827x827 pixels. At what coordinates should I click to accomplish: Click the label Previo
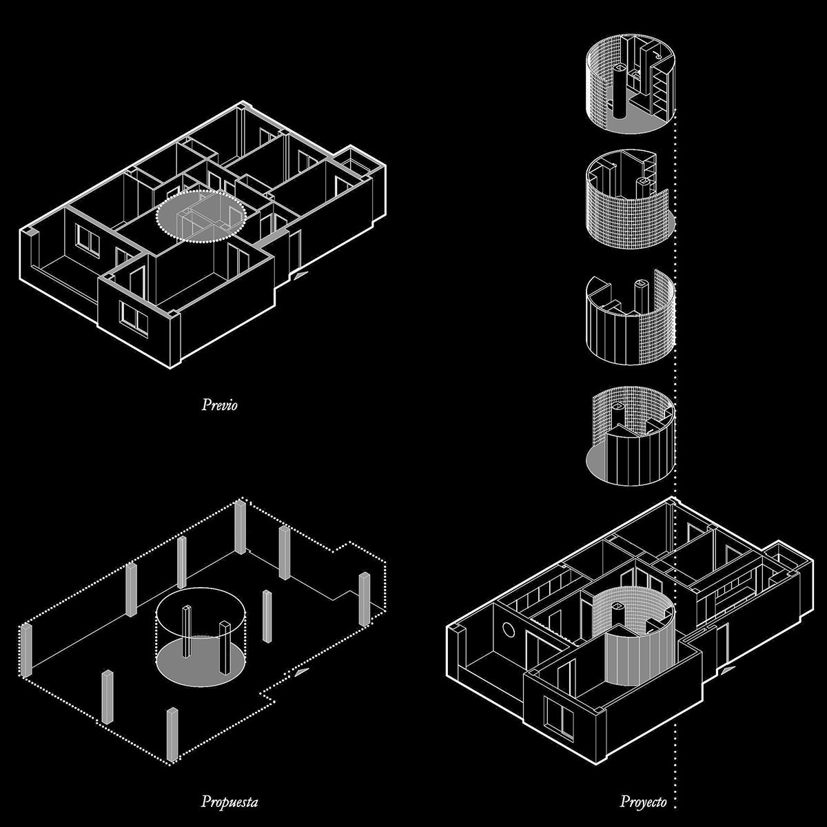(219, 405)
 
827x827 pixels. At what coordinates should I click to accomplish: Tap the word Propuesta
(229, 802)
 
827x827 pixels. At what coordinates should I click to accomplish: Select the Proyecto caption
(643, 802)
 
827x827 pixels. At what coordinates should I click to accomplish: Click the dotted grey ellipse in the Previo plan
(201, 216)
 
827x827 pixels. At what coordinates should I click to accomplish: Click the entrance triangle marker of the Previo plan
(299, 275)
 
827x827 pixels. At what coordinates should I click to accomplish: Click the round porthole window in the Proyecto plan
(508, 630)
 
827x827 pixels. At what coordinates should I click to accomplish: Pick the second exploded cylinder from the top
(630, 198)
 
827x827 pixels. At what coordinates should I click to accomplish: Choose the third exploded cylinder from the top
(630, 318)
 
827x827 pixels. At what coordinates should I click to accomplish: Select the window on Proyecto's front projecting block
(558, 718)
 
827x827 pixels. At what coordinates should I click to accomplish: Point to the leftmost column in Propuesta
(26, 651)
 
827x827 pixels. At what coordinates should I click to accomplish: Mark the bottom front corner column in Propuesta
(172, 735)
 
